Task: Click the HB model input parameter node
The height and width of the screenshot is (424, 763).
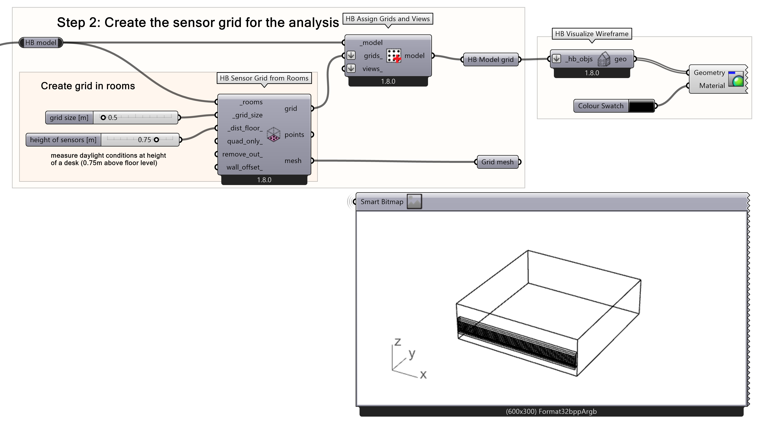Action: (41, 43)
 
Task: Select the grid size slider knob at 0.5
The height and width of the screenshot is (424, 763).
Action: (103, 118)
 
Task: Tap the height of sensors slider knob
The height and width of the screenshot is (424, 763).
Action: (156, 140)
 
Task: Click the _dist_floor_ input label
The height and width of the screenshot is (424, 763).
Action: (245, 128)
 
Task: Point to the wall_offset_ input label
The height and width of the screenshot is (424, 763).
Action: (244, 167)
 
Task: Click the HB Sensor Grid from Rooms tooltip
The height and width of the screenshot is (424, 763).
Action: (264, 78)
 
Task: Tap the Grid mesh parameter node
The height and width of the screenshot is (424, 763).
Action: (497, 162)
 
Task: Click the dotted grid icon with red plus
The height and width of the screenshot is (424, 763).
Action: (394, 56)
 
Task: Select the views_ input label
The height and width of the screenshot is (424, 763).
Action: (372, 69)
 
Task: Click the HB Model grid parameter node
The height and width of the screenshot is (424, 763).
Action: (490, 60)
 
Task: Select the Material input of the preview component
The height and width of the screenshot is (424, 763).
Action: (712, 86)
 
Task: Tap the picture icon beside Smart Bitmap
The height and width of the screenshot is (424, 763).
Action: (414, 202)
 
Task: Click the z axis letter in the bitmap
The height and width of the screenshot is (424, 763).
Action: (398, 342)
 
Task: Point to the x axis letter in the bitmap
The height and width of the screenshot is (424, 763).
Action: (423, 374)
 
